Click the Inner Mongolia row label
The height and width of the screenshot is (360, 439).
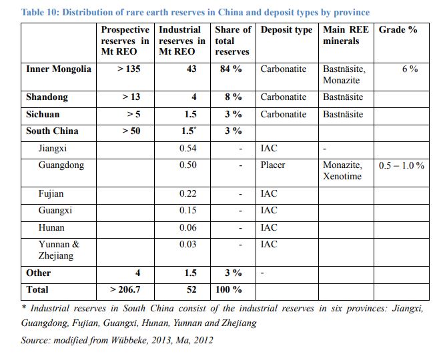[x=59, y=69]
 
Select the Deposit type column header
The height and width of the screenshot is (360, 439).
[x=286, y=30]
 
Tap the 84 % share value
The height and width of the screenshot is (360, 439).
[x=231, y=69]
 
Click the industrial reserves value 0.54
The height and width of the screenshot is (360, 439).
[x=188, y=148]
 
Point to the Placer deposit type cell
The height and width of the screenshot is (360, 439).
[x=273, y=165]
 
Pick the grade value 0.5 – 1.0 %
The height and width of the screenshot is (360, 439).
[x=402, y=165]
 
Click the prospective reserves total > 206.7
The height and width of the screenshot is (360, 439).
[x=125, y=289]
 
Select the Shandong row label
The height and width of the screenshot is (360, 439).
[x=47, y=97]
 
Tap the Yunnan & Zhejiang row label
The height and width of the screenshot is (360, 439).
[x=59, y=250]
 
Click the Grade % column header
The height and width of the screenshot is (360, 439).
[x=398, y=29]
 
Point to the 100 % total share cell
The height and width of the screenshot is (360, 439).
[x=228, y=289]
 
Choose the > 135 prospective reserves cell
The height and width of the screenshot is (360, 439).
[x=129, y=69]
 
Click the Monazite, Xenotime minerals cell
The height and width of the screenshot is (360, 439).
[x=342, y=171]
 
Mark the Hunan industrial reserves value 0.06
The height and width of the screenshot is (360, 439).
[x=188, y=227]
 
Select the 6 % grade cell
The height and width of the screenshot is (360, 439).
[x=410, y=69]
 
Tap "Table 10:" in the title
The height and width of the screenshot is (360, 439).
[x=40, y=12]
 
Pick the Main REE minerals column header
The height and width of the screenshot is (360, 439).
[x=346, y=35]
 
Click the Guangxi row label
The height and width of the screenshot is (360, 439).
[x=55, y=211]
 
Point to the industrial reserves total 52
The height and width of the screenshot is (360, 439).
[x=191, y=289]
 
